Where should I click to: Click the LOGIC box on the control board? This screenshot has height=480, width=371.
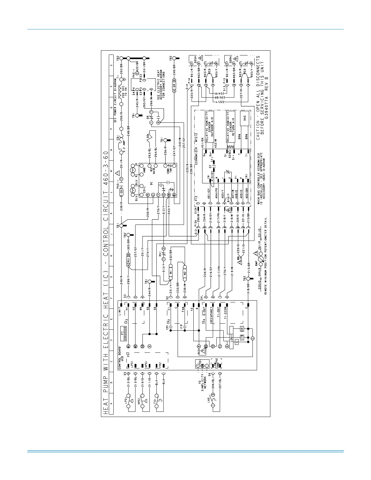point(231,338)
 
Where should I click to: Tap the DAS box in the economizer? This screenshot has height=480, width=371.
point(244,118)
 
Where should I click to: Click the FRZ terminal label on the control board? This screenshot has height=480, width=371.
point(160,366)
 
